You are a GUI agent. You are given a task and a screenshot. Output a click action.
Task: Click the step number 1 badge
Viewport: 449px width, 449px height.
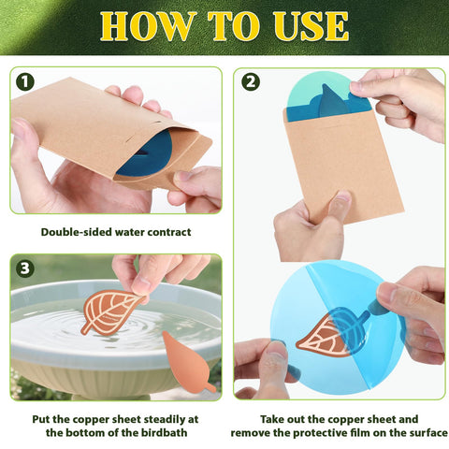coord(25,82)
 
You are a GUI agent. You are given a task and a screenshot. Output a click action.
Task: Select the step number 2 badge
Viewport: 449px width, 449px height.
coord(251,82)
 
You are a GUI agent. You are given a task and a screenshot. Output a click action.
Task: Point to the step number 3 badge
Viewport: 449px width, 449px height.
coord(25,268)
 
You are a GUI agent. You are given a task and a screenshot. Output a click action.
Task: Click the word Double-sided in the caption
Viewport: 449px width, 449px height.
coord(77,232)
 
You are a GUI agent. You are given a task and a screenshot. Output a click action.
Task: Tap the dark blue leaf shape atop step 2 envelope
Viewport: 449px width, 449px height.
coord(333,102)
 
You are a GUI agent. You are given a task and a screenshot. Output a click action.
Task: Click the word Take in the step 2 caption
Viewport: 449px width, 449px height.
coord(272,419)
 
